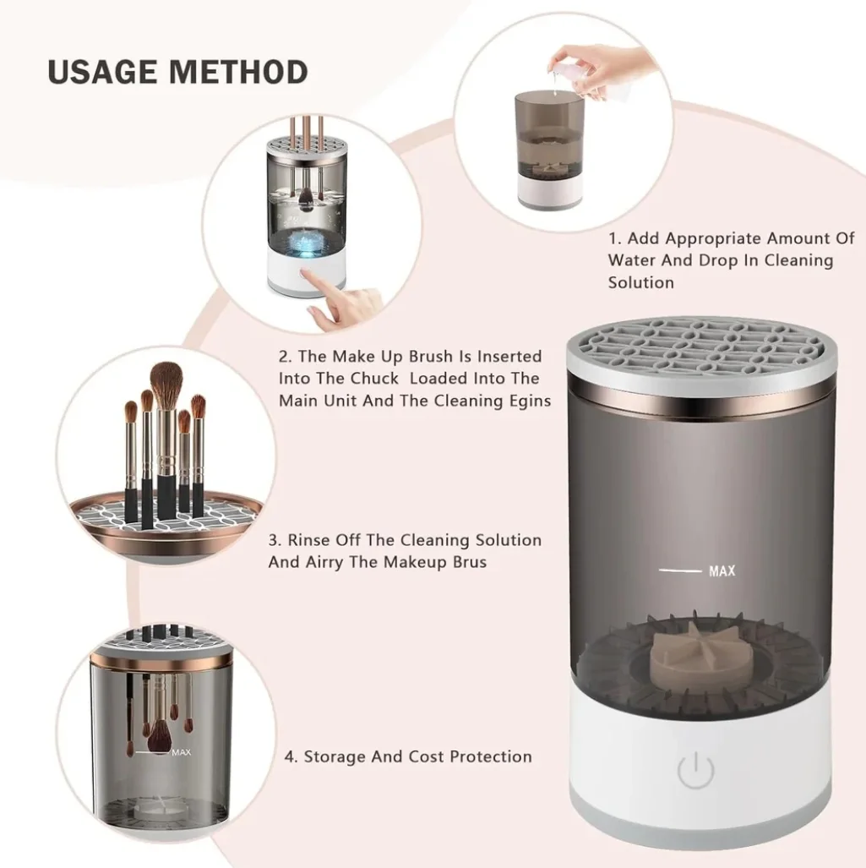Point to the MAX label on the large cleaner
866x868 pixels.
pos(722,570)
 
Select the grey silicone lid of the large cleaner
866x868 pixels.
pos(701,354)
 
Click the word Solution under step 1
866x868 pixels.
pos(640,282)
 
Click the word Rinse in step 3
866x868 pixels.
pos(306,540)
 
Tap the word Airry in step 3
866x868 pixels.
pos(325,562)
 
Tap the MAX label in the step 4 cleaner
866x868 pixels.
pos(181,752)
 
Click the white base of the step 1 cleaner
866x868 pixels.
pos(549,192)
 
